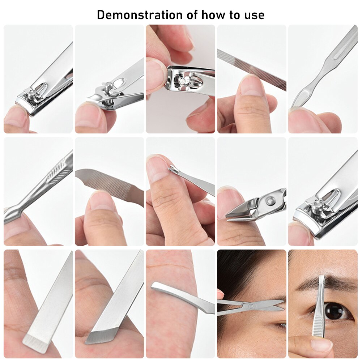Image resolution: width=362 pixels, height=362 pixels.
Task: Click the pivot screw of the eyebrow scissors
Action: [250, 306]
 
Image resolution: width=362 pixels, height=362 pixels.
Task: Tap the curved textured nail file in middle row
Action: [108, 184]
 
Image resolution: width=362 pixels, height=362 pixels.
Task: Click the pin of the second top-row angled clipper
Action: [107, 87]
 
